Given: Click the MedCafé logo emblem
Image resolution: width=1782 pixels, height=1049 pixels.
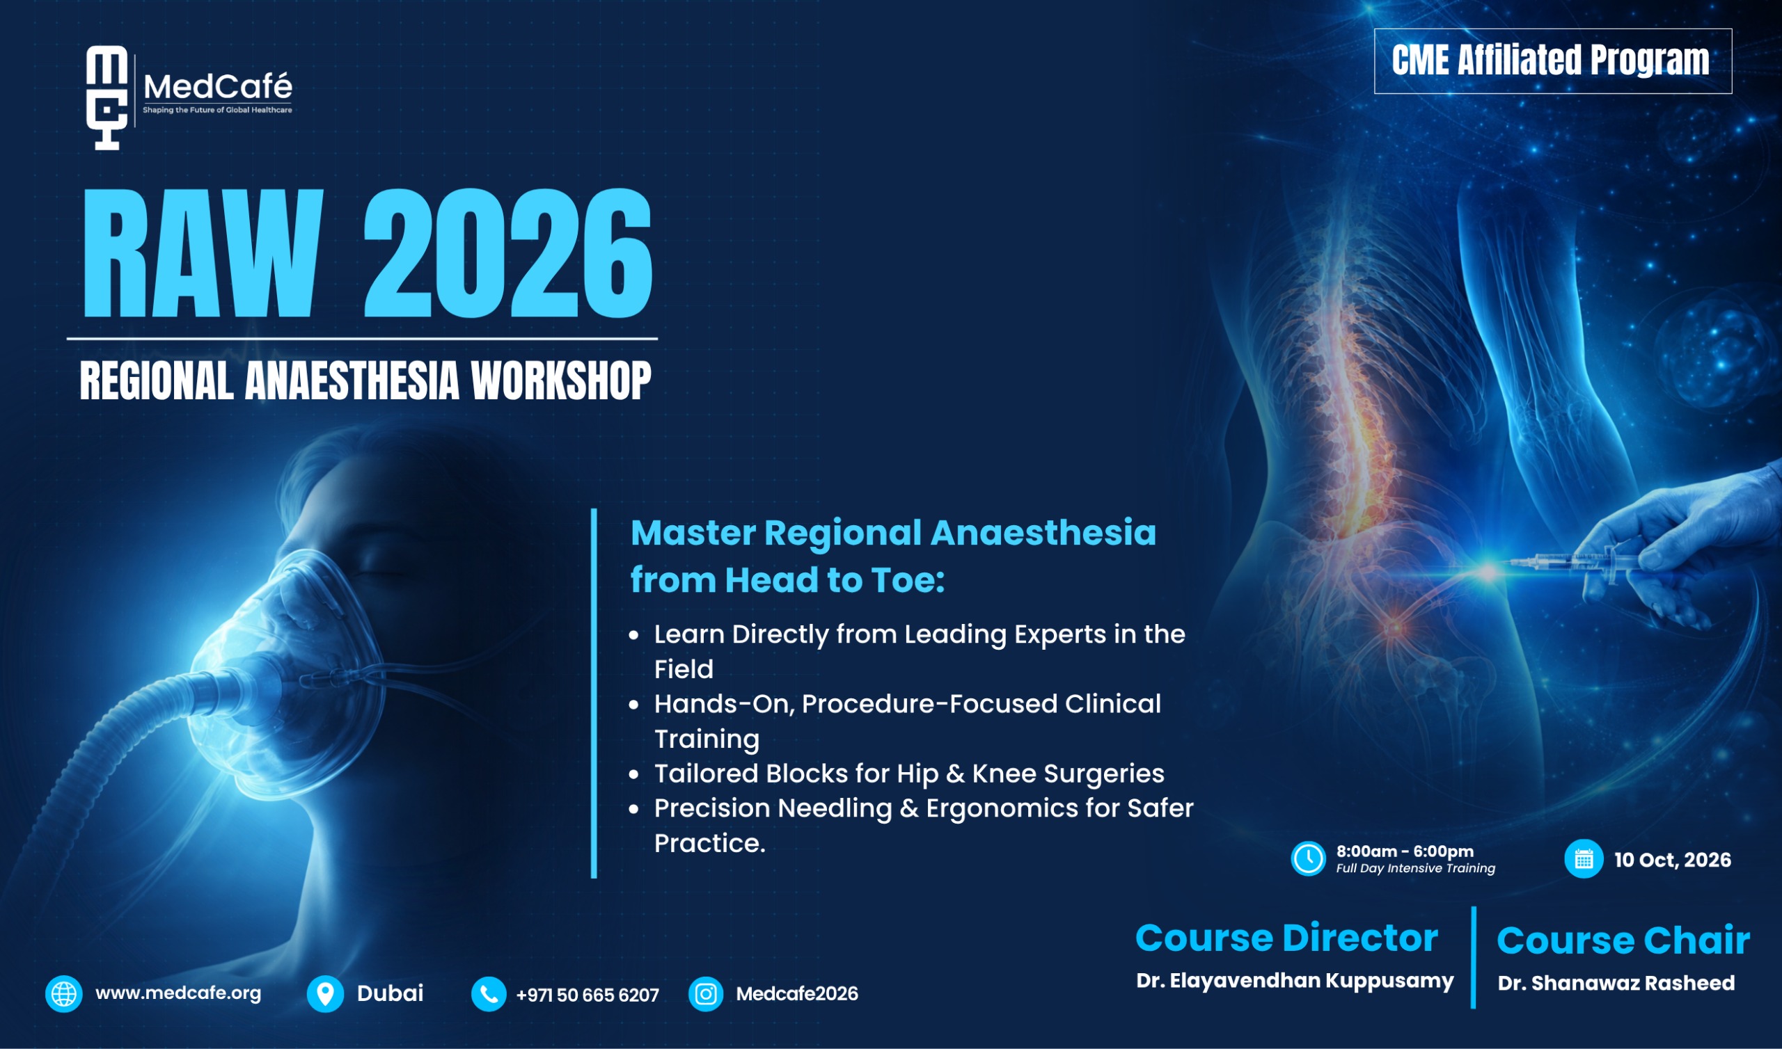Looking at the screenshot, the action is coord(107,97).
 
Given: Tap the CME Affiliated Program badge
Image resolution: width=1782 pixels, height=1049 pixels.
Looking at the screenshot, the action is coord(1553,61).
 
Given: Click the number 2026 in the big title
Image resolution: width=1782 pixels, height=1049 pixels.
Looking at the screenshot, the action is coord(507,253).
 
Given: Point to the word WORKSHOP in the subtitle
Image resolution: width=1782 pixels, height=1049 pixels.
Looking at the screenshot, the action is coord(561,381).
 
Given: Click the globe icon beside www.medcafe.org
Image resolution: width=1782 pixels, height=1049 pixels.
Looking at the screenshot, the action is coord(63,994).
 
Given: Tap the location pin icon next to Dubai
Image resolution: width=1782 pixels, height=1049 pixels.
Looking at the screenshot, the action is coord(325,994).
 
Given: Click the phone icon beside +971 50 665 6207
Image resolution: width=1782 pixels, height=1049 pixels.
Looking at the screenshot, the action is coord(489,995).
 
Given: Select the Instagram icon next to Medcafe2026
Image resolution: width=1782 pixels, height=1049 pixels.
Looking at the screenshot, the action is coord(706,995).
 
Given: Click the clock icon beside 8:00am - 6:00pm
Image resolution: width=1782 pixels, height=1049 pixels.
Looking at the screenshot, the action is coord(1308,859).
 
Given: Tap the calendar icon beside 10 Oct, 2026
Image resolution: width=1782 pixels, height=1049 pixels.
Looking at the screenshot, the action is coord(1584,859).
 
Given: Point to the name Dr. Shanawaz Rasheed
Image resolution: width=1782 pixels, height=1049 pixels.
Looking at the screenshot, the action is coord(1616,982).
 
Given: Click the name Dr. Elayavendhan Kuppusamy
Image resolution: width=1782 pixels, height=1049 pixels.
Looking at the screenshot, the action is coord(1295,981).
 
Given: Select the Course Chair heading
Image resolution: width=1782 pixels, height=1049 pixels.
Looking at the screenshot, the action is coord(1623,940).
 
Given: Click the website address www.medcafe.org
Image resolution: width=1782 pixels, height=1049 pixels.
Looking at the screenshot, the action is coord(178,993).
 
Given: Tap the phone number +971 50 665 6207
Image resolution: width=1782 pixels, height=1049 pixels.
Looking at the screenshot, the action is coord(588,995).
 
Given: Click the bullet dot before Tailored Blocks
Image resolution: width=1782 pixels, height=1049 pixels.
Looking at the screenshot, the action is coord(634,776).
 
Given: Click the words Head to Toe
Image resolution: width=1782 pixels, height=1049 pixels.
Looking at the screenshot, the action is coord(835,579).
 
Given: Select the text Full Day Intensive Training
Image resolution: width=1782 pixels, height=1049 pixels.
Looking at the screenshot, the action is coord(1416,868).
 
